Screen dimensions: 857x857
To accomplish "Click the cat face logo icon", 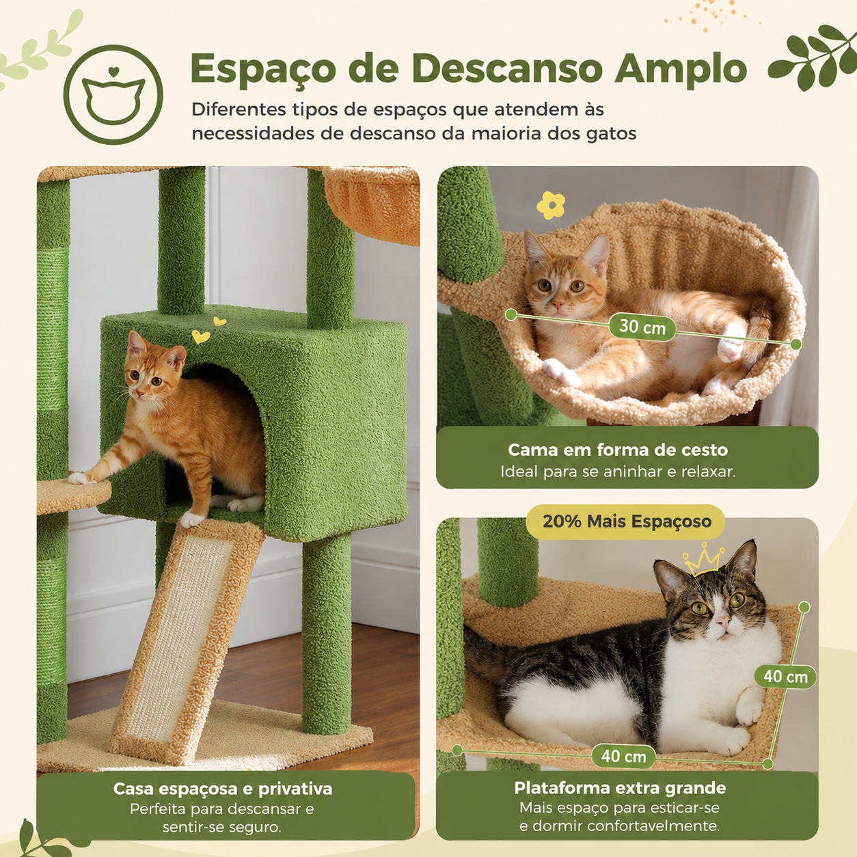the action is (x=113, y=94).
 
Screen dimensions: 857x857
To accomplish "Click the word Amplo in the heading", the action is (x=681, y=69).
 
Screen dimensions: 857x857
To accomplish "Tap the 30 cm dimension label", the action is (x=642, y=327).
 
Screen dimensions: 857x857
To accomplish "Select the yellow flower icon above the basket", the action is (x=551, y=205).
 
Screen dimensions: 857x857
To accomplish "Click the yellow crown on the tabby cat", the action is (x=703, y=558).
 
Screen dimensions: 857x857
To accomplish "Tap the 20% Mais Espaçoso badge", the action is (x=627, y=521).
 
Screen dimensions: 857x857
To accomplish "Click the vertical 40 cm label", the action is (x=785, y=677).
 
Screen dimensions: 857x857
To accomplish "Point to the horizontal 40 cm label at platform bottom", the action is (x=623, y=756).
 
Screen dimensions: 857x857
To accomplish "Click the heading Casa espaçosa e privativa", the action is (x=223, y=789).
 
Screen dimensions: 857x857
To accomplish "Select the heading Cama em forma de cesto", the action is (x=618, y=450).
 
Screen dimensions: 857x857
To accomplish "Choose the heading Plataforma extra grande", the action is (x=620, y=787).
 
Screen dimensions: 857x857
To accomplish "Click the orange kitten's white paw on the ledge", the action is (x=80, y=478).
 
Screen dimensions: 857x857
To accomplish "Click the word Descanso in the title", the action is (x=506, y=69).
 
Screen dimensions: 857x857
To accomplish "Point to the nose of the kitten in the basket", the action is (x=556, y=305).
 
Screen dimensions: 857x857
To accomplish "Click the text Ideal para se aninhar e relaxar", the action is (x=618, y=472).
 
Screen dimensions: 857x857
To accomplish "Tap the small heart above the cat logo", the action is (x=113, y=70).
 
